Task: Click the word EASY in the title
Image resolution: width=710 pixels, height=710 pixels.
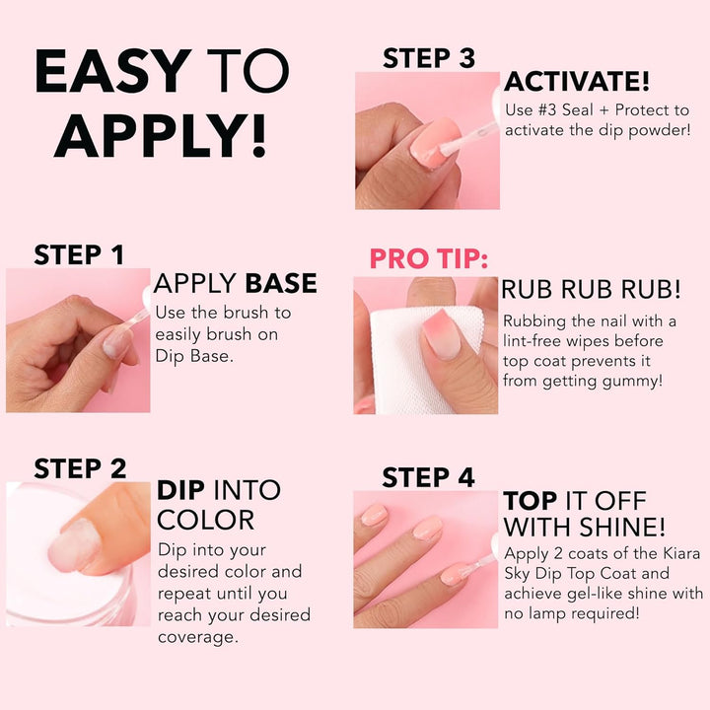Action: (x=112, y=72)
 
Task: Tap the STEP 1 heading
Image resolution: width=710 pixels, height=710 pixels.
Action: (x=79, y=254)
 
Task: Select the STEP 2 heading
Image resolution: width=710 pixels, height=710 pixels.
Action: (x=80, y=468)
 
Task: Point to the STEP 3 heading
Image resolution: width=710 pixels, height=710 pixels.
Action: (x=429, y=58)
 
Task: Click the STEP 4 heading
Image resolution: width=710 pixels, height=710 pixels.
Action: (x=428, y=477)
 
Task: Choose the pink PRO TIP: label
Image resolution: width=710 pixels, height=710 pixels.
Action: (x=428, y=259)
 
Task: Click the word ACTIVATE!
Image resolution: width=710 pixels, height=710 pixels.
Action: (x=577, y=82)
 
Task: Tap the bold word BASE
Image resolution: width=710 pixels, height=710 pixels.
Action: (x=281, y=284)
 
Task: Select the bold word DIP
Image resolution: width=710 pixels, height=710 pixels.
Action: (x=181, y=490)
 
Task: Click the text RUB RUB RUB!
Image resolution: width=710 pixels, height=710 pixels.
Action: (x=591, y=290)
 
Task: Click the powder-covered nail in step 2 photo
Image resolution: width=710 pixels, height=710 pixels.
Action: (x=76, y=545)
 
